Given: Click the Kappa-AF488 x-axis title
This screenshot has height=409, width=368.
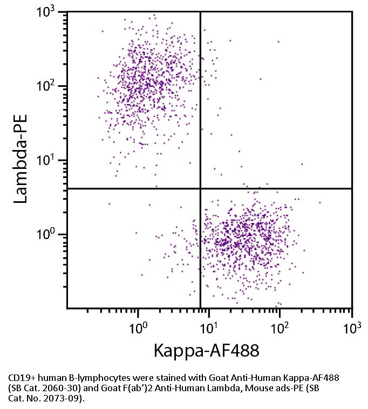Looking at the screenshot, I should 206,351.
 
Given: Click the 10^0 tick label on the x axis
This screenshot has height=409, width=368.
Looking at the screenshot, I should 139,327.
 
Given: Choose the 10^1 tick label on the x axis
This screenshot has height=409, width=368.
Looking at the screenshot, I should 210,327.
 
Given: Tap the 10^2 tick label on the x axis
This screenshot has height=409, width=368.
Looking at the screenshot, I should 281,327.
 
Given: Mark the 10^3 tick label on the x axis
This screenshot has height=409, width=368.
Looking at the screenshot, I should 351,327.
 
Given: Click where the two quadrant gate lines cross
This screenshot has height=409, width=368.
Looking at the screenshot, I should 201,188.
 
